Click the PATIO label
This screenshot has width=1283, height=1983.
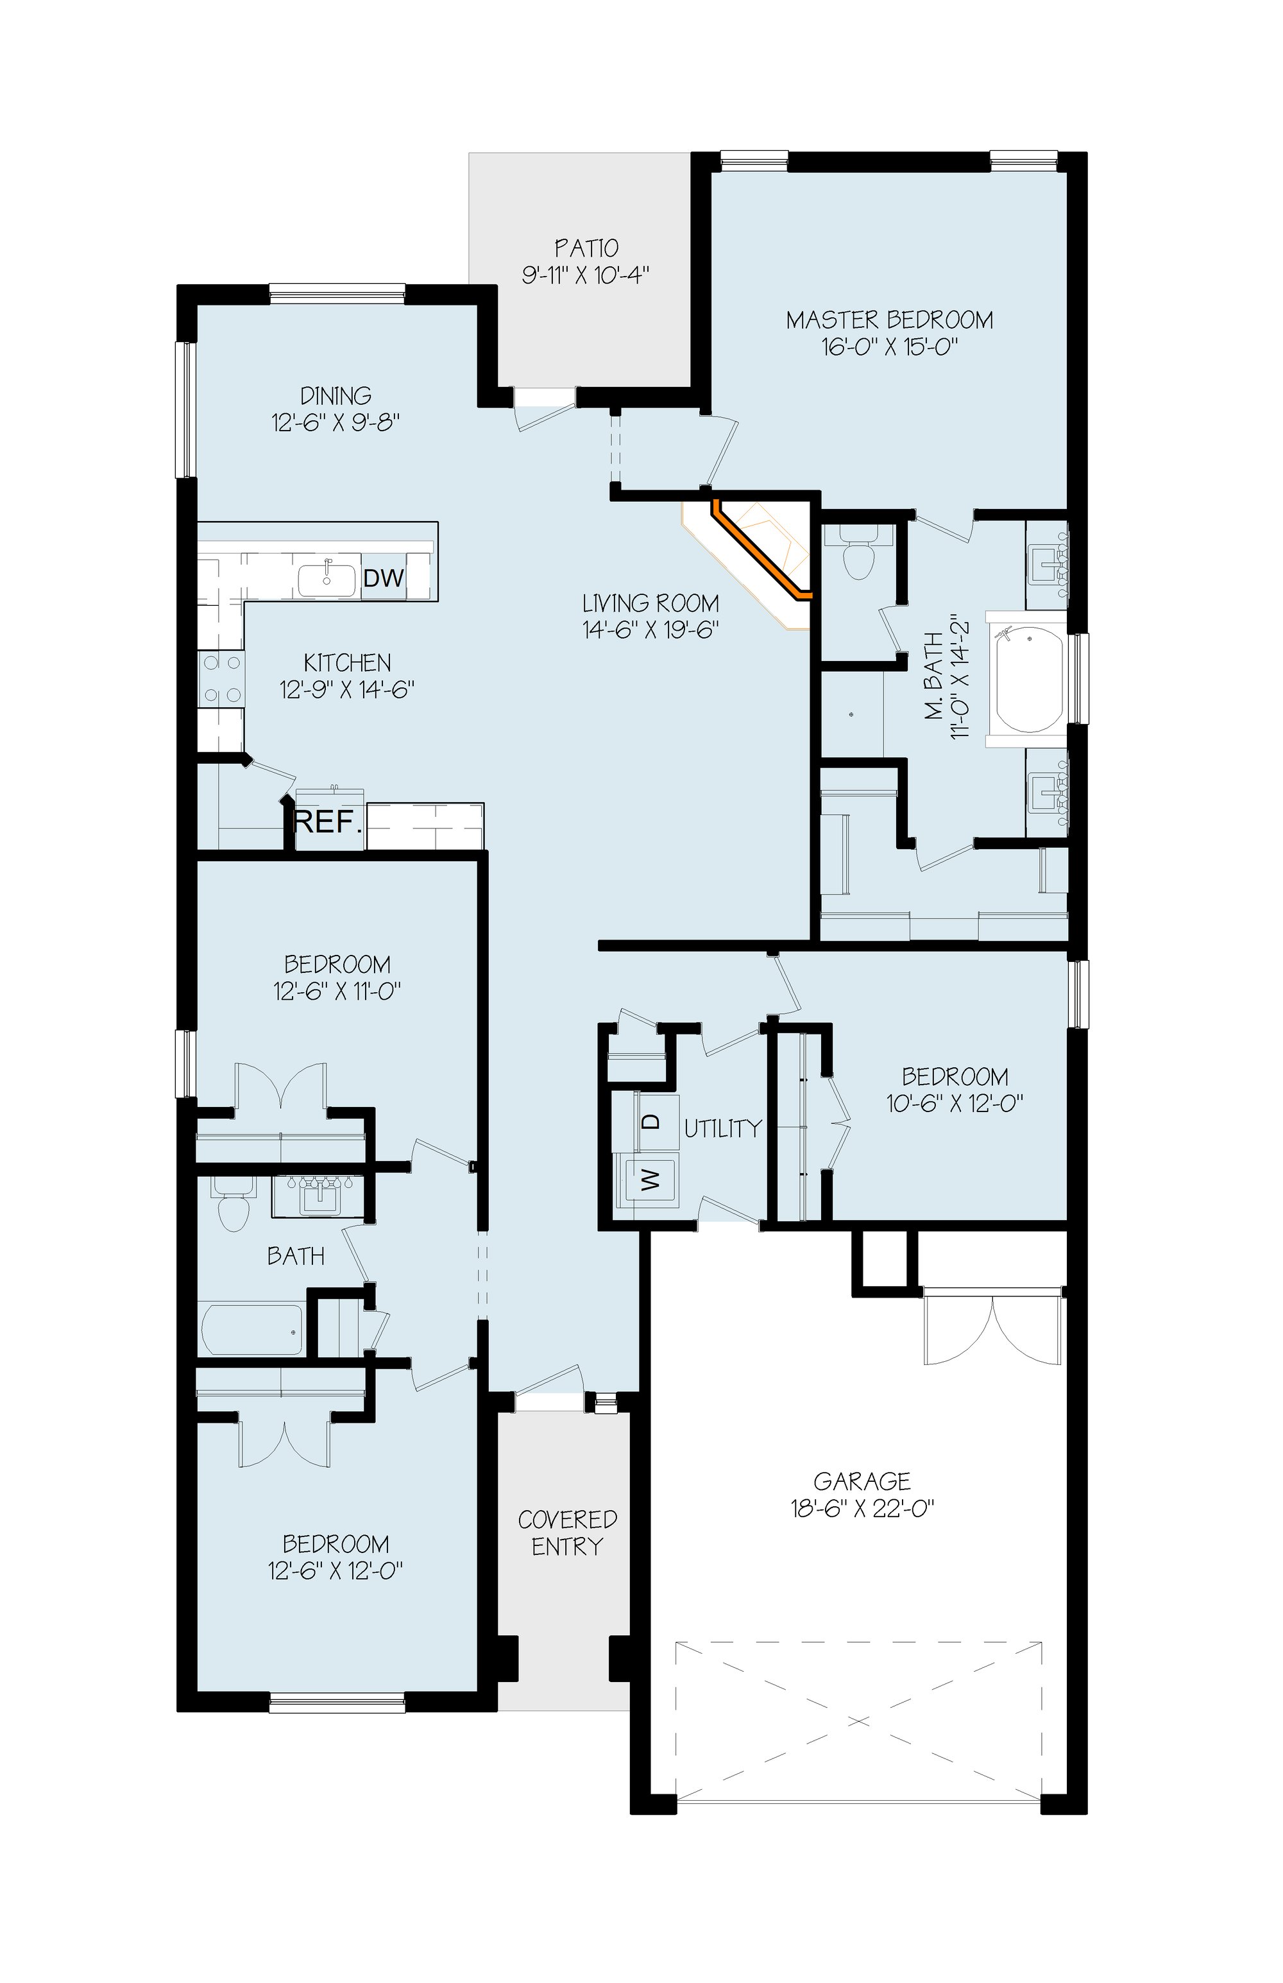[586, 248]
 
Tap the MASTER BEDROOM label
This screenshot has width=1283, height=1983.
[890, 320]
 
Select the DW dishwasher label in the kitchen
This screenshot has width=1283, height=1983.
[384, 578]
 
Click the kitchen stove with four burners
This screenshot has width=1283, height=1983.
[221, 679]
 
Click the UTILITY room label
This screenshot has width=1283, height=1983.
[723, 1128]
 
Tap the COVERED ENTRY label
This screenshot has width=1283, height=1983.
[567, 1532]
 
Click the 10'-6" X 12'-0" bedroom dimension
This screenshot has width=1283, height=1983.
[955, 1103]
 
